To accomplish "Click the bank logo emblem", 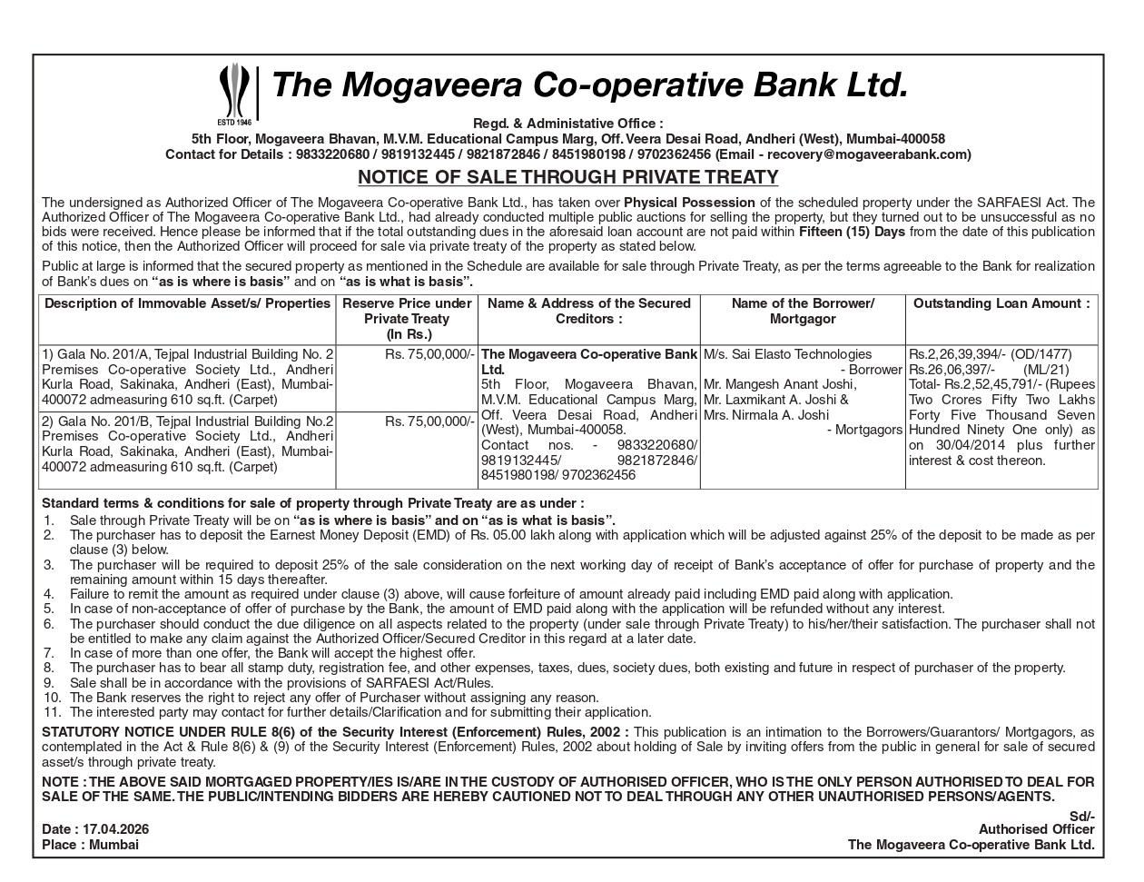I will (x=235, y=93).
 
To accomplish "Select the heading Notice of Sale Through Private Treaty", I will (x=567, y=177).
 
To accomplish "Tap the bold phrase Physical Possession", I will (x=689, y=203).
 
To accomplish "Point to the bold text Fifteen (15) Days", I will (x=852, y=232).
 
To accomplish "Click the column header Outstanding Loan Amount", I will (x=1001, y=303).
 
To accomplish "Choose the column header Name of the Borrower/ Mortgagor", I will (x=803, y=311).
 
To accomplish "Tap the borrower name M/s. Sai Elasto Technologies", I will (x=787, y=354).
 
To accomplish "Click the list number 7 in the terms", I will (x=49, y=653).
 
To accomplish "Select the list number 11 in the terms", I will (x=52, y=712).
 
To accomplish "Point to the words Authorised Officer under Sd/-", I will (x=1036, y=829).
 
